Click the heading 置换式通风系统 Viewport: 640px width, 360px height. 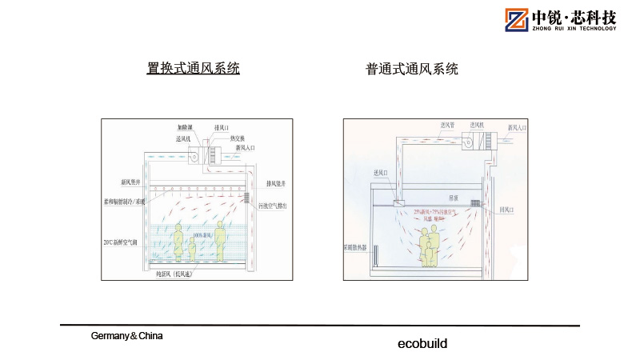[194, 69]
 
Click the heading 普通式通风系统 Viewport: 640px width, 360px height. [412, 70]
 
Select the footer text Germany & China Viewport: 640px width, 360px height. [126, 336]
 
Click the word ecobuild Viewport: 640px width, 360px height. [422, 344]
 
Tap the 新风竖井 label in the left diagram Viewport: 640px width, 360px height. [115, 182]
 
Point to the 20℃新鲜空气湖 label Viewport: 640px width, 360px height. [122, 242]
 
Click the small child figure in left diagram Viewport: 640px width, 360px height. [192, 249]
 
